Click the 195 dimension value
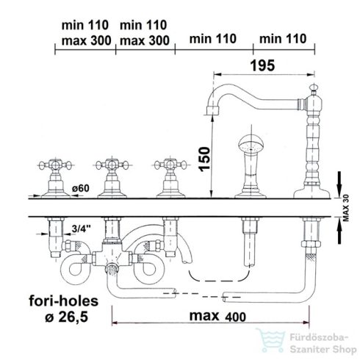(x=262, y=65)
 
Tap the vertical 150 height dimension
(x=204, y=159)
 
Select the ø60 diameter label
(x=81, y=188)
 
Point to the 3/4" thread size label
(x=81, y=228)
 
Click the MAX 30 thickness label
(x=346, y=208)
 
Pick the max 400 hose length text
(x=217, y=316)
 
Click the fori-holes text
(x=64, y=300)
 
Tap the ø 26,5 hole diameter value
(x=66, y=317)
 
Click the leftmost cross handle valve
(x=56, y=178)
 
